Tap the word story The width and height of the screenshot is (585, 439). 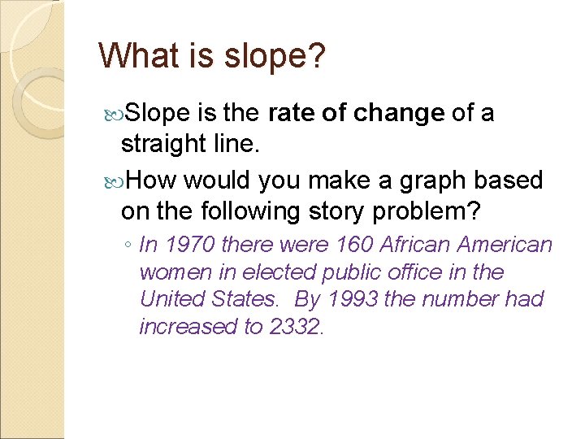click(331, 211)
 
